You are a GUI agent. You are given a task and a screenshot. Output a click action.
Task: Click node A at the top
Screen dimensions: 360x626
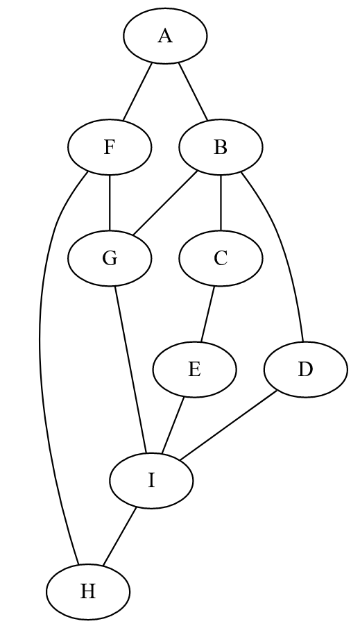[165, 36]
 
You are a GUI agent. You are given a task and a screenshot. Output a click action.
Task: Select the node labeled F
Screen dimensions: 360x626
[110, 147]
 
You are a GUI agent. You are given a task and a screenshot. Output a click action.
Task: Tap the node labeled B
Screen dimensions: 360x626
[221, 147]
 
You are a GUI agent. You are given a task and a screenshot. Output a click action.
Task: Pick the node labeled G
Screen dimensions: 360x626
[110, 258]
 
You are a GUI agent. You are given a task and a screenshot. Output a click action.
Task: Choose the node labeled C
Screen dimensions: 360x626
[221, 258]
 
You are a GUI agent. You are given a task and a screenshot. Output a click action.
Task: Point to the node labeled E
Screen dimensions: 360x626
[194, 369]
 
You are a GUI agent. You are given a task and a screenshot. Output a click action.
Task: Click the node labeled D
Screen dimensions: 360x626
[305, 369]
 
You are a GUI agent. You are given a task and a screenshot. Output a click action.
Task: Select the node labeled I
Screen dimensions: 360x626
[152, 480]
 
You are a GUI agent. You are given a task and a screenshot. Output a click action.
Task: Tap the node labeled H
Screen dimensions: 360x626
[88, 591]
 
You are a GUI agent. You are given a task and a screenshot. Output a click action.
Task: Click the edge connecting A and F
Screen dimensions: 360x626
[138, 92]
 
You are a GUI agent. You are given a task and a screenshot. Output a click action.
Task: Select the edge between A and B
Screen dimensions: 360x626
[193, 92]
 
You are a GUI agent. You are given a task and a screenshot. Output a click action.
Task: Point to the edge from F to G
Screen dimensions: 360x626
[110, 203]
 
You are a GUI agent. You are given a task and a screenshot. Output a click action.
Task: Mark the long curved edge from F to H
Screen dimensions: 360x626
[40, 347]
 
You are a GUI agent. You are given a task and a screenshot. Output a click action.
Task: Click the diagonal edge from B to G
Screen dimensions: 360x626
[166, 203]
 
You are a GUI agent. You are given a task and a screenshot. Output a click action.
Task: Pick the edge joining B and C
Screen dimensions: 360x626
[221, 203]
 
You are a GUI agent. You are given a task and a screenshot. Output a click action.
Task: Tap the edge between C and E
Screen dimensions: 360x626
[207, 314]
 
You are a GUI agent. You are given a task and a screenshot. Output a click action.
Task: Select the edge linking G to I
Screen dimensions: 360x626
[131, 369]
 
